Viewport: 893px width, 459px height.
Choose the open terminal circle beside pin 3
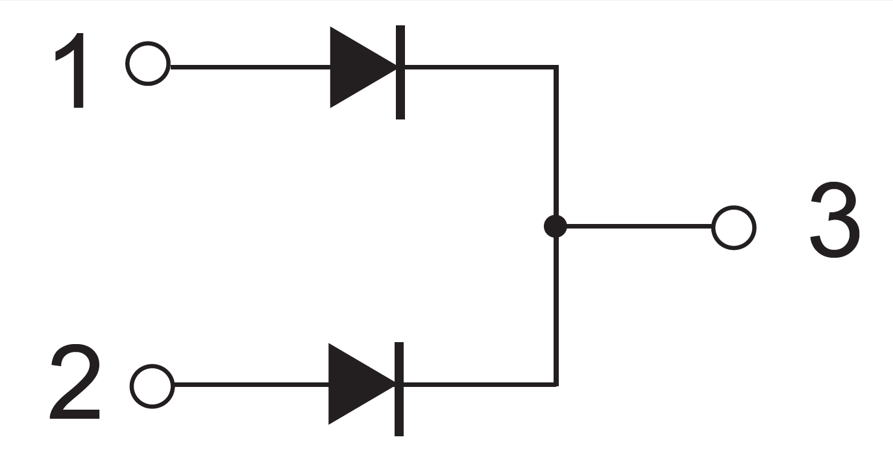pyautogui.click(x=733, y=228)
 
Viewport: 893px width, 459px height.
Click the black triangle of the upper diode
pyautogui.click(x=357, y=66)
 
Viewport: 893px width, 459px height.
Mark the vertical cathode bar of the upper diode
pyautogui.click(x=400, y=71)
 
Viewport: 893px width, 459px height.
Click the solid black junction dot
pyautogui.click(x=555, y=227)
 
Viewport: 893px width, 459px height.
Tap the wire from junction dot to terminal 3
pyautogui.click(x=639, y=227)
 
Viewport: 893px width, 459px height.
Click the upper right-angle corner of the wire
pyautogui.click(x=556, y=67)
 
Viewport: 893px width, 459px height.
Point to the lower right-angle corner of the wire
pyautogui.click(x=556, y=384)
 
